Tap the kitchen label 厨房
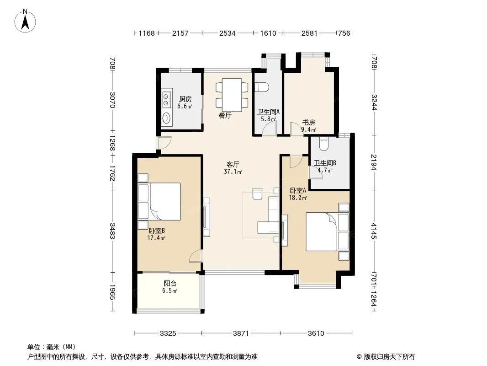(185, 99)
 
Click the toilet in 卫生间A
(261, 87)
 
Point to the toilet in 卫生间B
(323, 144)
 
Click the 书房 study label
(309, 123)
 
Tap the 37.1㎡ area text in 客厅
(233, 172)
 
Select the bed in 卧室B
(164, 201)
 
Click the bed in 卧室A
(322, 231)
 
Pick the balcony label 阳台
(170, 284)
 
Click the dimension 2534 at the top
(228, 33)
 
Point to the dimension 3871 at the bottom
(241, 334)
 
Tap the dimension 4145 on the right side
(374, 231)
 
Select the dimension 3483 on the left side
(112, 231)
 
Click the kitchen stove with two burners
(167, 98)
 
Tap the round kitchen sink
(166, 118)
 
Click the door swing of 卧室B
(196, 256)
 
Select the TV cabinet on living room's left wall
(206, 217)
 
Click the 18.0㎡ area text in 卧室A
(298, 198)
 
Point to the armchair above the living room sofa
(258, 194)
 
